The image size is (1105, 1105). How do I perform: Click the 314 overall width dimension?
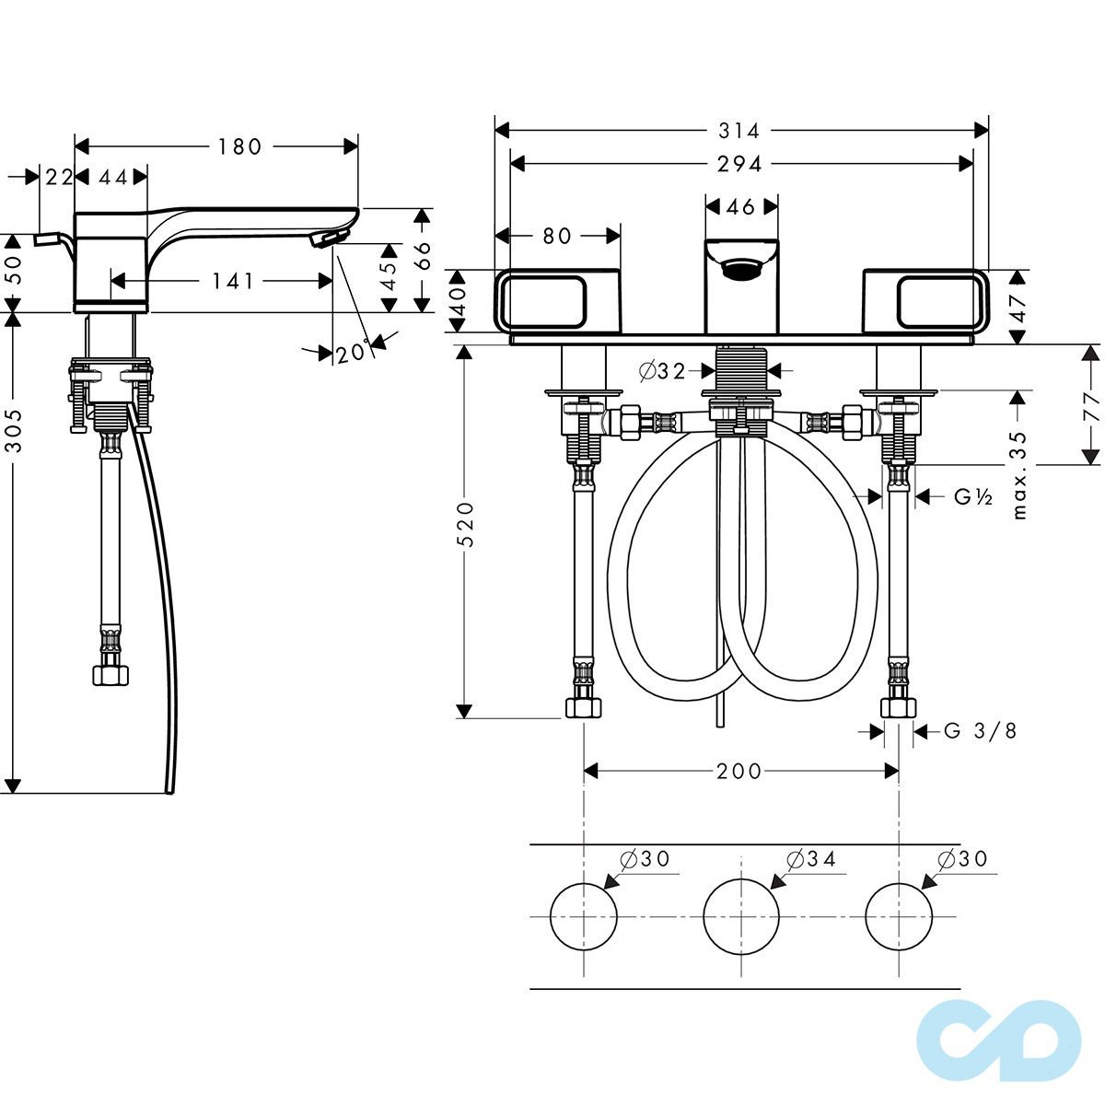(x=739, y=131)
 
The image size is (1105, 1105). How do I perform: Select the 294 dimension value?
(x=739, y=165)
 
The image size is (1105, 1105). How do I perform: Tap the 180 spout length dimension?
(x=239, y=146)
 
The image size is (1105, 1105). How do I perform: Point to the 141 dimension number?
(x=233, y=281)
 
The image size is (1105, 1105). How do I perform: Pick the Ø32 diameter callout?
(x=662, y=372)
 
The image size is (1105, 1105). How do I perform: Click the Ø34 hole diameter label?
(x=811, y=858)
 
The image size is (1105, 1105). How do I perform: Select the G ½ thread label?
(x=973, y=496)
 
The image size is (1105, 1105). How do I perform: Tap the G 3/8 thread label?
(x=980, y=730)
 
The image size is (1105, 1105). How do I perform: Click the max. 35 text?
(x=1019, y=475)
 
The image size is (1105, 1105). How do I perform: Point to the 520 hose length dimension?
(x=468, y=524)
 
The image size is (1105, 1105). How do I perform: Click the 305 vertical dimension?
(x=15, y=430)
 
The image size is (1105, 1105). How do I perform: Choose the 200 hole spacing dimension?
(x=739, y=772)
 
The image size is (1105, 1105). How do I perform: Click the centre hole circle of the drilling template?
(x=741, y=916)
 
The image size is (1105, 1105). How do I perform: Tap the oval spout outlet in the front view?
(x=741, y=268)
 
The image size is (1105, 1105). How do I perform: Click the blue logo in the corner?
(x=999, y=1041)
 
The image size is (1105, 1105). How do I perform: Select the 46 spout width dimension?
(x=741, y=206)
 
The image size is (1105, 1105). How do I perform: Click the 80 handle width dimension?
(x=556, y=236)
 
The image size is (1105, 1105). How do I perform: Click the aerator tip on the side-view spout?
(x=330, y=238)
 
